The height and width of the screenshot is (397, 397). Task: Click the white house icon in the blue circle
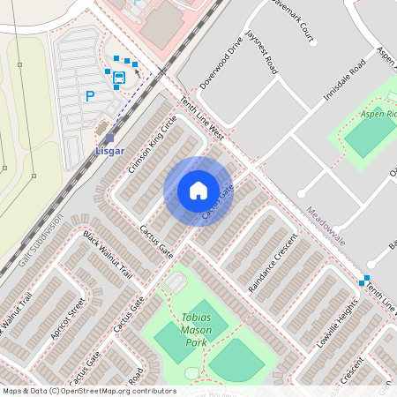pos(198,191)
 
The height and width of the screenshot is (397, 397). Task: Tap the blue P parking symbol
pos(89,96)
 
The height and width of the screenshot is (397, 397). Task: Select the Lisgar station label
pos(109,151)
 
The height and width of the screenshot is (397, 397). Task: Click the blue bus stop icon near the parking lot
pos(118,77)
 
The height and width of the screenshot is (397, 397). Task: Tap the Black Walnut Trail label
pos(107,255)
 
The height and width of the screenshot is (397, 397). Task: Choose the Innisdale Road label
pos(344,81)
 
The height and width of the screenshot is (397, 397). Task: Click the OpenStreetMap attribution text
pos(90,390)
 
